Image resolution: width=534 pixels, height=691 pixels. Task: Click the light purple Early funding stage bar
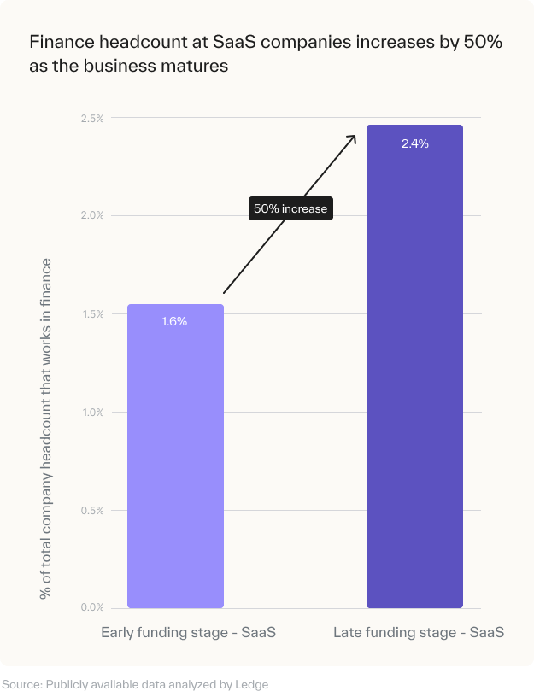pos(175,461)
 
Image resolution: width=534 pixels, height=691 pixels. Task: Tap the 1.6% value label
pos(174,322)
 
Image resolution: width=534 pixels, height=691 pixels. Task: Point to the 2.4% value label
pos(414,143)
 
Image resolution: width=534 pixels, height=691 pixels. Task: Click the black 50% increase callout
pos(290,208)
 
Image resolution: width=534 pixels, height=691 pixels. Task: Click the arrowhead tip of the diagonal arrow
pos(355,135)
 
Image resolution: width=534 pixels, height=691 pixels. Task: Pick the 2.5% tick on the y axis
pos(92,118)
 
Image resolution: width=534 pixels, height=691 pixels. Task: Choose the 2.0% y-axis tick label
pos(92,215)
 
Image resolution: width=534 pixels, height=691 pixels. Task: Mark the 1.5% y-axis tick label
pos(92,314)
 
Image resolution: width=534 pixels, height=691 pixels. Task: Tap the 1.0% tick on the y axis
pos(92,413)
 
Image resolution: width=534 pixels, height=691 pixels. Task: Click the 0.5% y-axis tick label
pos(92,511)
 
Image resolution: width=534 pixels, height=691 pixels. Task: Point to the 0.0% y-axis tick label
pos(92,608)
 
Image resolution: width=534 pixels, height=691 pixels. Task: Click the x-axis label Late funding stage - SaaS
pos(418,633)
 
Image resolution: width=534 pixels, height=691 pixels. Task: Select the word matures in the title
pos(199,66)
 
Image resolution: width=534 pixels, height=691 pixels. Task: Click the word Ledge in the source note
pos(253,684)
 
